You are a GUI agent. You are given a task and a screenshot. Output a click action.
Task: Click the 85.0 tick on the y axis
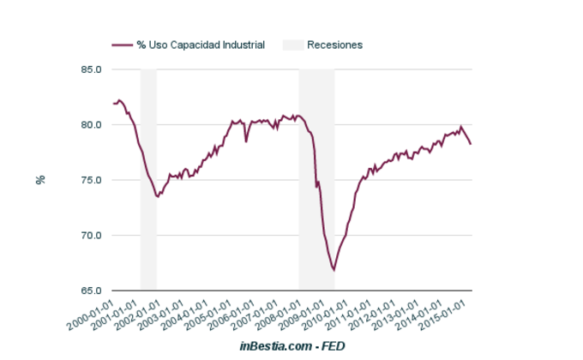(x=91, y=69)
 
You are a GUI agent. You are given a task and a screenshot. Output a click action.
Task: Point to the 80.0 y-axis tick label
(x=91, y=125)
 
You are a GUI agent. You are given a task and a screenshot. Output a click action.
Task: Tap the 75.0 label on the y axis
(x=91, y=180)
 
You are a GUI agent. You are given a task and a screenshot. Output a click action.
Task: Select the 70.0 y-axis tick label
(x=91, y=236)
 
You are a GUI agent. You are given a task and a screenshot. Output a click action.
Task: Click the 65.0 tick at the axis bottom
(x=91, y=291)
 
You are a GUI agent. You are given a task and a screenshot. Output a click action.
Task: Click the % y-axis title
(x=39, y=180)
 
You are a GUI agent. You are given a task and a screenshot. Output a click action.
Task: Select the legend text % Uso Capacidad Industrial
(x=201, y=45)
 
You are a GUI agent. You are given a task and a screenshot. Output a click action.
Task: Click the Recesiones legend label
(x=334, y=45)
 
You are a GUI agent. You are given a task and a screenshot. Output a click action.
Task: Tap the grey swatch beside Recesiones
(x=293, y=45)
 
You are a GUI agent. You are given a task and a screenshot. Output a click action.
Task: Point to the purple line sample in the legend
(x=122, y=45)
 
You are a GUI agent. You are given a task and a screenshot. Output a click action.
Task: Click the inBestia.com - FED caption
(x=292, y=345)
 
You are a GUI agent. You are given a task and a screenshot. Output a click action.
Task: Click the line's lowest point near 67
(x=334, y=270)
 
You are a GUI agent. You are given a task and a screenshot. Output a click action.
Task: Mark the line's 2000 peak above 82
(x=119, y=100)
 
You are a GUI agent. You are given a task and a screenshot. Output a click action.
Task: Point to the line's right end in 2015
(x=471, y=143)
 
